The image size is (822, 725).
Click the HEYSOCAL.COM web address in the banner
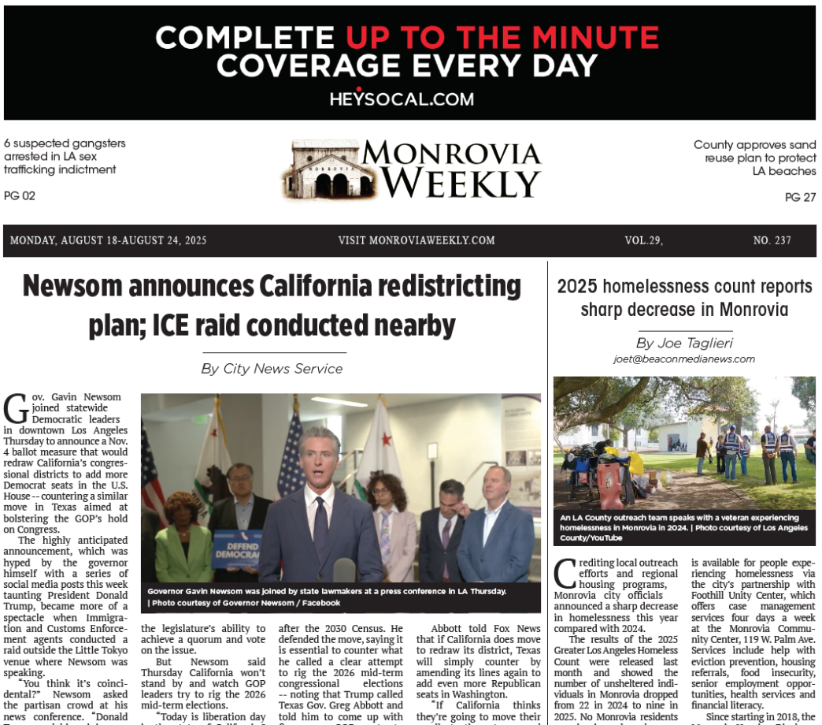(402, 99)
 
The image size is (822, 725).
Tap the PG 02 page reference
(20, 195)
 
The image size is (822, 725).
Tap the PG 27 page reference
(800, 197)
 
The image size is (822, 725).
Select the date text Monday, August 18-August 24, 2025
(108, 240)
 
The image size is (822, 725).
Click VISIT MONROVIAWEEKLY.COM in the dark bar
(417, 240)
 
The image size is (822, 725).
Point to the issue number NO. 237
(772, 240)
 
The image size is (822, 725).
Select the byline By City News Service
(272, 368)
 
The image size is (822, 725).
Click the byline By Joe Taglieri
(684, 343)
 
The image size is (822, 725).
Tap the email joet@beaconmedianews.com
(684, 359)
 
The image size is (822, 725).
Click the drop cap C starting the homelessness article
(565, 574)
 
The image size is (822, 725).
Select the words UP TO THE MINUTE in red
(502, 37)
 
